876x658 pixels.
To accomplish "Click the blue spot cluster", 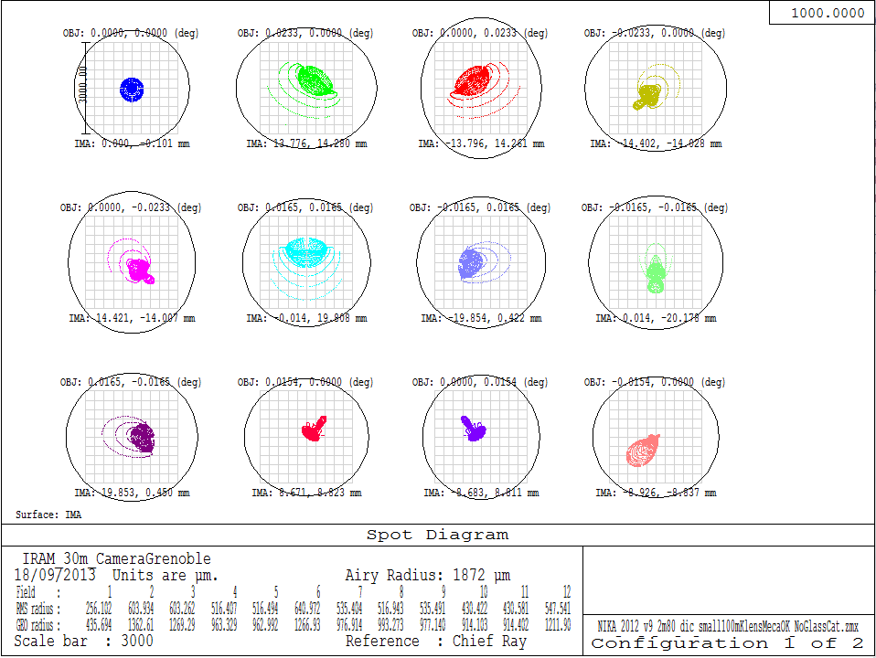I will [x=133, y=89].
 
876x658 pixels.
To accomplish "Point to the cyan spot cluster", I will [x=308, y=249].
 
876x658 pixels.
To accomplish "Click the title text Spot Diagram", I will [x=437, y=535].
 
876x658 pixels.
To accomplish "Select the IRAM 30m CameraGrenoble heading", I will [x=116, y=558].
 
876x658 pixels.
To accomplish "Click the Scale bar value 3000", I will [x=137, y=642].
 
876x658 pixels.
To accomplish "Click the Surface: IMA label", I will [x=48, y=515].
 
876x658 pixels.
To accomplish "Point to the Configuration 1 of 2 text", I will [x=727, y=642].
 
